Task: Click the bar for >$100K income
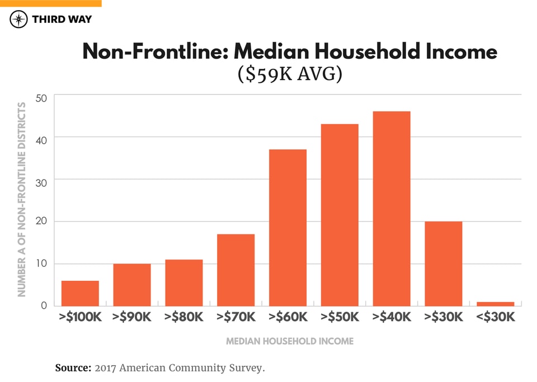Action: click(x=80, y=293)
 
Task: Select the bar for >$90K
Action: click(x=132, y=285)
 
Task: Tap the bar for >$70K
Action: click(x=235, y=270)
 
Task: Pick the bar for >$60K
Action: click(x=288, y=228)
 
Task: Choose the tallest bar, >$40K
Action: click(x=392, y=209)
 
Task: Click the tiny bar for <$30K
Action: click(x=495, y=304)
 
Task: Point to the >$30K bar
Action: click(x=443, y=263)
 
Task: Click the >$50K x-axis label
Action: click(x=340, y=317)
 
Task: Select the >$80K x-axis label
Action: click(x=184, y=317)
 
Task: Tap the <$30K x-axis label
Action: click(x=495, y=317)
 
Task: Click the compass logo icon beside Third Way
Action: click(x=19, y=20)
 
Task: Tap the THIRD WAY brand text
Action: click(x=62, y=20)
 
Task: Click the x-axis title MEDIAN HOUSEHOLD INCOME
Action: click(x=289, y=341)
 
